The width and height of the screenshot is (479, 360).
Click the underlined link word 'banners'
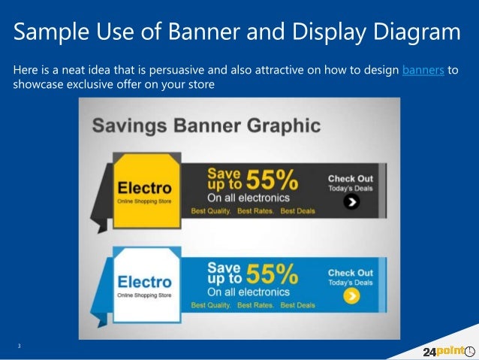pyautogui.click(x=423, y=71)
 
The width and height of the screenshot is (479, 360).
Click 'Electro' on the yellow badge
pyautogui.click(x=144, y=187)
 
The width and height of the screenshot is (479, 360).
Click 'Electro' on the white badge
pyautogui.click(x=144, y=281)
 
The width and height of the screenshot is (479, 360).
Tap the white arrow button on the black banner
pyautogui.click(x=351, y=201)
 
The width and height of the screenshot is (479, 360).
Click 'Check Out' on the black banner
pyautogui.click(x=350, y=179)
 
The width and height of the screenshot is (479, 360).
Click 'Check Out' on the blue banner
pyautogui.click(x=350, y=273)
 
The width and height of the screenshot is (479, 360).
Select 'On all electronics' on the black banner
pyautogui.click(x=248, y=198)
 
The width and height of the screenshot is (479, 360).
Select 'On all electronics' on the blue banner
pyautogui.click(x=248, y=292)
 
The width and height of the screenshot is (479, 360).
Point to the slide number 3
pyautogui.click(x=20, y=345)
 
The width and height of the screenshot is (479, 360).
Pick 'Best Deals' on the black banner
pyautogui.click(x=298, y=212)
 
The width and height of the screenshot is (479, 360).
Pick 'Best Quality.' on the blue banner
pyautogui.click(x=211, y=306)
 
